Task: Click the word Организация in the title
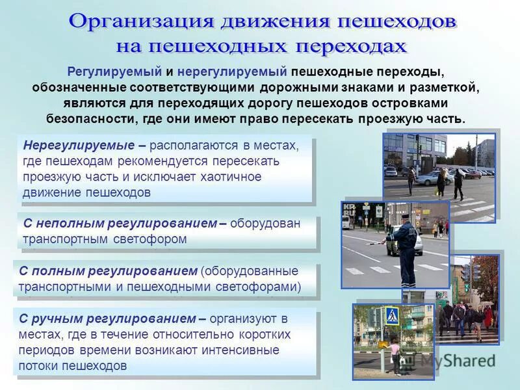[x=142, y=21]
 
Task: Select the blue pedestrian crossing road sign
[x=392, y=316]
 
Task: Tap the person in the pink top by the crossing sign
[x=394, y=356]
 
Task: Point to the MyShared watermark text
[x=458, y=359]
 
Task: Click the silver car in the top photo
[x=434, y=177]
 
